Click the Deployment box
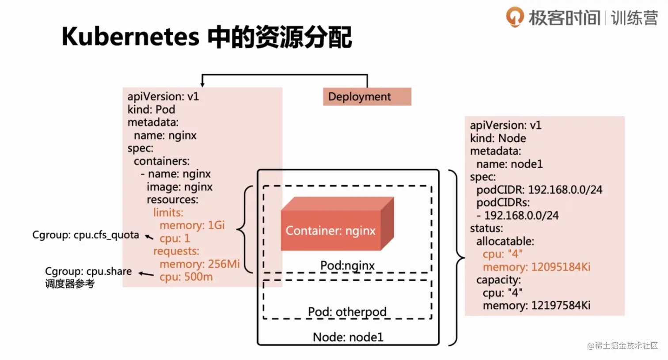(367, 97)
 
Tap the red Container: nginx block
(337, 224)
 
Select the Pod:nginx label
(347, 265)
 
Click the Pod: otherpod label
(347, 312)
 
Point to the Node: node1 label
(348, 337)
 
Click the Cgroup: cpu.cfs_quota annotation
(86, 235)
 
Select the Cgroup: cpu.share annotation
(88, 271)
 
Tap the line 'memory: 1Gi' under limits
(192, 225)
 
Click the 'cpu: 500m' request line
(186, 277)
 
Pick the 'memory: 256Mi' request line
(200, 264)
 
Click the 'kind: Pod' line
(151, 110)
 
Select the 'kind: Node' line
(498, 138)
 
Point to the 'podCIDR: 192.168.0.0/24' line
(539, 189)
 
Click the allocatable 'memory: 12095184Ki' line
(536, 267)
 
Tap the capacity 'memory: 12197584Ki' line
(536, 305)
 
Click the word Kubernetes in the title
(130, 36)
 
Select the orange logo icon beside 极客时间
(515, 17)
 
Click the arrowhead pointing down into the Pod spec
(202, 85)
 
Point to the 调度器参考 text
(70, 284)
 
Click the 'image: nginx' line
(179, 187)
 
